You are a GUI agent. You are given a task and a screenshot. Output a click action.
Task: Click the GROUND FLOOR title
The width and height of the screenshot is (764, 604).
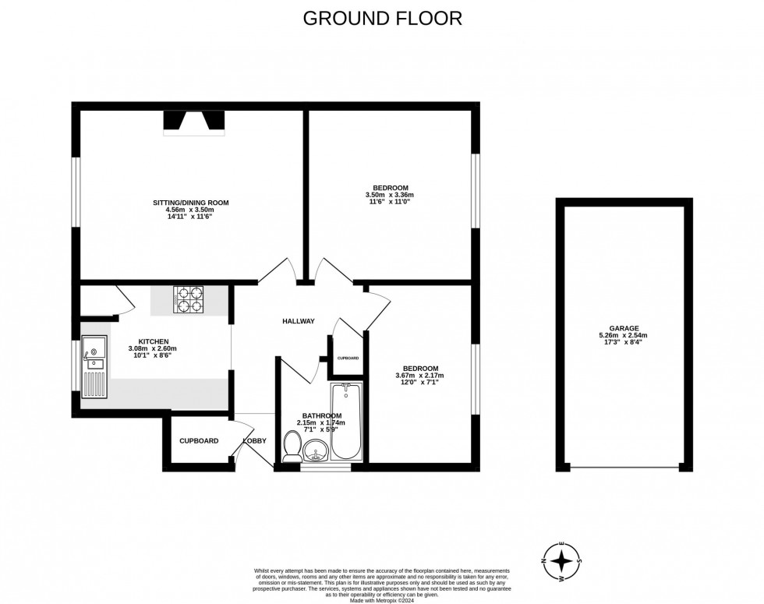point(382,17)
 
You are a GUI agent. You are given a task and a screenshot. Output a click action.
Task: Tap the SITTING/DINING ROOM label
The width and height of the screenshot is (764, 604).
point(191,203)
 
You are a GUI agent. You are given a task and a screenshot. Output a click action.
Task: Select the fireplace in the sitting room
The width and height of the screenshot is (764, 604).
point(193,122)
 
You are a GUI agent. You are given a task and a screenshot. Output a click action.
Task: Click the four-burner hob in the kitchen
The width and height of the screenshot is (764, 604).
point(189,300)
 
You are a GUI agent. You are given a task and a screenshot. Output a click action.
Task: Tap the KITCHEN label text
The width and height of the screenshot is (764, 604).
point(154,341)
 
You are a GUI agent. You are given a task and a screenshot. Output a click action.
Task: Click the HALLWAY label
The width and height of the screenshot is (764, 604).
point(299,321)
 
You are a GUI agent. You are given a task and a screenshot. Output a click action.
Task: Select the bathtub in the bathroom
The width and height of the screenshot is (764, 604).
point(345,421)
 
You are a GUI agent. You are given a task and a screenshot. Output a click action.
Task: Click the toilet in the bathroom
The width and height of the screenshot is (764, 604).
point(293,447)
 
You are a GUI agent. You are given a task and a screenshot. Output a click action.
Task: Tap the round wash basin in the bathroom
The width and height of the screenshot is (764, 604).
point(316,450)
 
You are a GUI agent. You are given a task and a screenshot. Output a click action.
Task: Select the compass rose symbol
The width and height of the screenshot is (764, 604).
point(561,560)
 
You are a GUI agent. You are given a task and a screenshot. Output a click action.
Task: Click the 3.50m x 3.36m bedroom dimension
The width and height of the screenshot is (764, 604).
point(390,195)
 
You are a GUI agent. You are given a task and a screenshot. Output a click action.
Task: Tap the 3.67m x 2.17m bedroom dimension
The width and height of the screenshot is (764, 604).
point(420,376)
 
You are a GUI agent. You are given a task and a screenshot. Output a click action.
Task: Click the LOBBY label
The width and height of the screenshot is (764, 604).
point(255,440)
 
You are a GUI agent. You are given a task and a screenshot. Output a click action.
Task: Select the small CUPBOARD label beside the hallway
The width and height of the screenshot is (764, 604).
point(348,358)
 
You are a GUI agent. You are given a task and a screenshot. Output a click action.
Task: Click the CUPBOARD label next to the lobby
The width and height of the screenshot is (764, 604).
point(199,440)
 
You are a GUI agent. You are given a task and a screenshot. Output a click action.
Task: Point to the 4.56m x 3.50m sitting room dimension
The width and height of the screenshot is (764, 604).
point(191,210)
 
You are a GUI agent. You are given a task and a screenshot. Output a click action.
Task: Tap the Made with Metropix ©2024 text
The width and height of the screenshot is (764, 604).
point(382,600)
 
